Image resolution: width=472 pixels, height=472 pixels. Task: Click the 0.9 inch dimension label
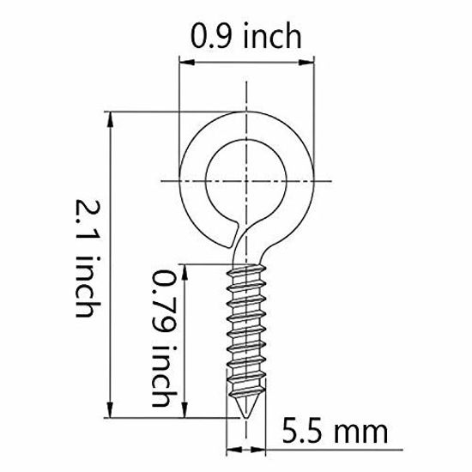[246, 37]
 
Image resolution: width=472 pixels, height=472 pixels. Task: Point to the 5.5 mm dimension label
[336, 428]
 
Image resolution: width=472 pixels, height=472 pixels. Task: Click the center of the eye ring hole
[245, 179]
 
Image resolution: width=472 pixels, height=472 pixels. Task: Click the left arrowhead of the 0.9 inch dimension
[183, 59]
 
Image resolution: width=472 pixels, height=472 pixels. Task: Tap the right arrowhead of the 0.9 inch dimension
[309, 59]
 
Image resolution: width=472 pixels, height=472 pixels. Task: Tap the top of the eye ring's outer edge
[246, 113]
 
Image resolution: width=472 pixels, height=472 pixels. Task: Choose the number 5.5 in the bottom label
[309, 428]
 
